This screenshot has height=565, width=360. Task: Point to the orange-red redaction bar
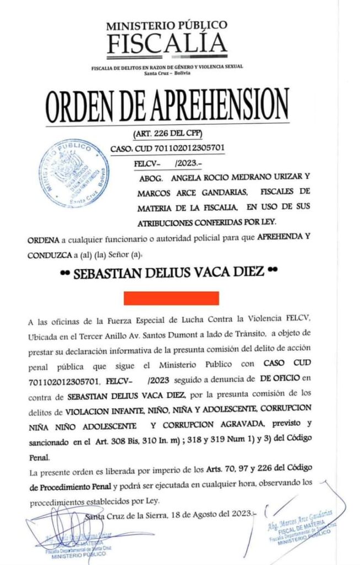tap(171, 298)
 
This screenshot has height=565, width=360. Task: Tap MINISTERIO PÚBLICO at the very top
tap(166, 25)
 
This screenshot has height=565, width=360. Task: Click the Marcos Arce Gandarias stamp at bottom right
tap(302, 527)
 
